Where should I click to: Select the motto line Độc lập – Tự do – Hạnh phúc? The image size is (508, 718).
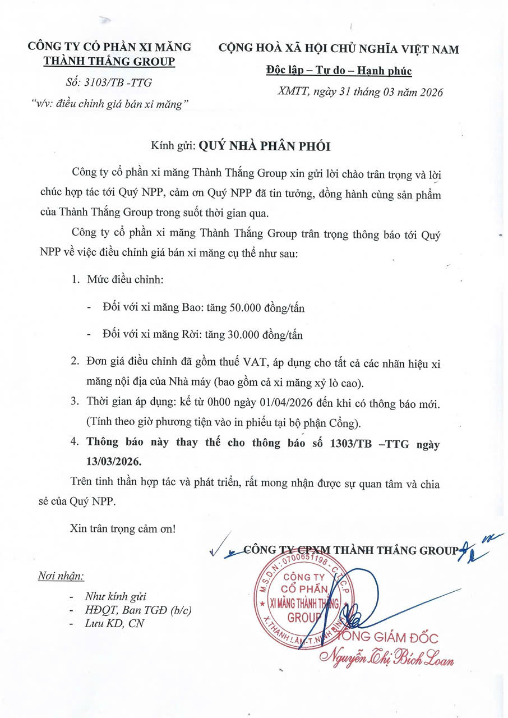pyautogui.click(x=338, y=71)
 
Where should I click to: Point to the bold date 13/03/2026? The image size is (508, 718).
pyautogui.click(x=112, y=461)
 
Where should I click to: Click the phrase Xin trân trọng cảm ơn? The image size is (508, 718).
pyautogui.click(x=123, y=528)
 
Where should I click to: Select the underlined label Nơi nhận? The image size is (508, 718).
pyautogui.click(x=61, y=576)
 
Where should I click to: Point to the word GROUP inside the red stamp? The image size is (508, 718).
pyautogui.click(x=304, y=618)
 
